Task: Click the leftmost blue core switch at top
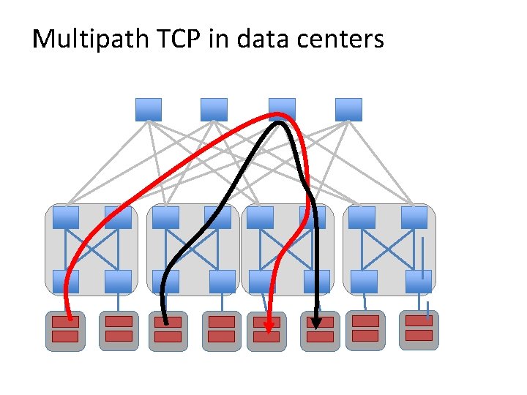click(x=149, y=110)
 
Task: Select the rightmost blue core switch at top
click(x=348, y=110)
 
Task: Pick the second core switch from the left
click(x=214, y=110)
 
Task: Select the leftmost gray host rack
click(x=65, y=331)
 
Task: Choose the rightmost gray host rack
click(x=419, y=330)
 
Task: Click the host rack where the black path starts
click(x=168, y=331)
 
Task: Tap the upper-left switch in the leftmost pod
click(x=66, y=217)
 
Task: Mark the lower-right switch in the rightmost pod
click(x=418, y=281)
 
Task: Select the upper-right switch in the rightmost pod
click(x=414, y=217)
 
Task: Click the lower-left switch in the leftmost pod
click(x=66, y=281)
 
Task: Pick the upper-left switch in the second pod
click(x=165, y=217)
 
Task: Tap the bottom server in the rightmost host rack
click(x=419, y=335)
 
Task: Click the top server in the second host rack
click(x=119, y=321)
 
